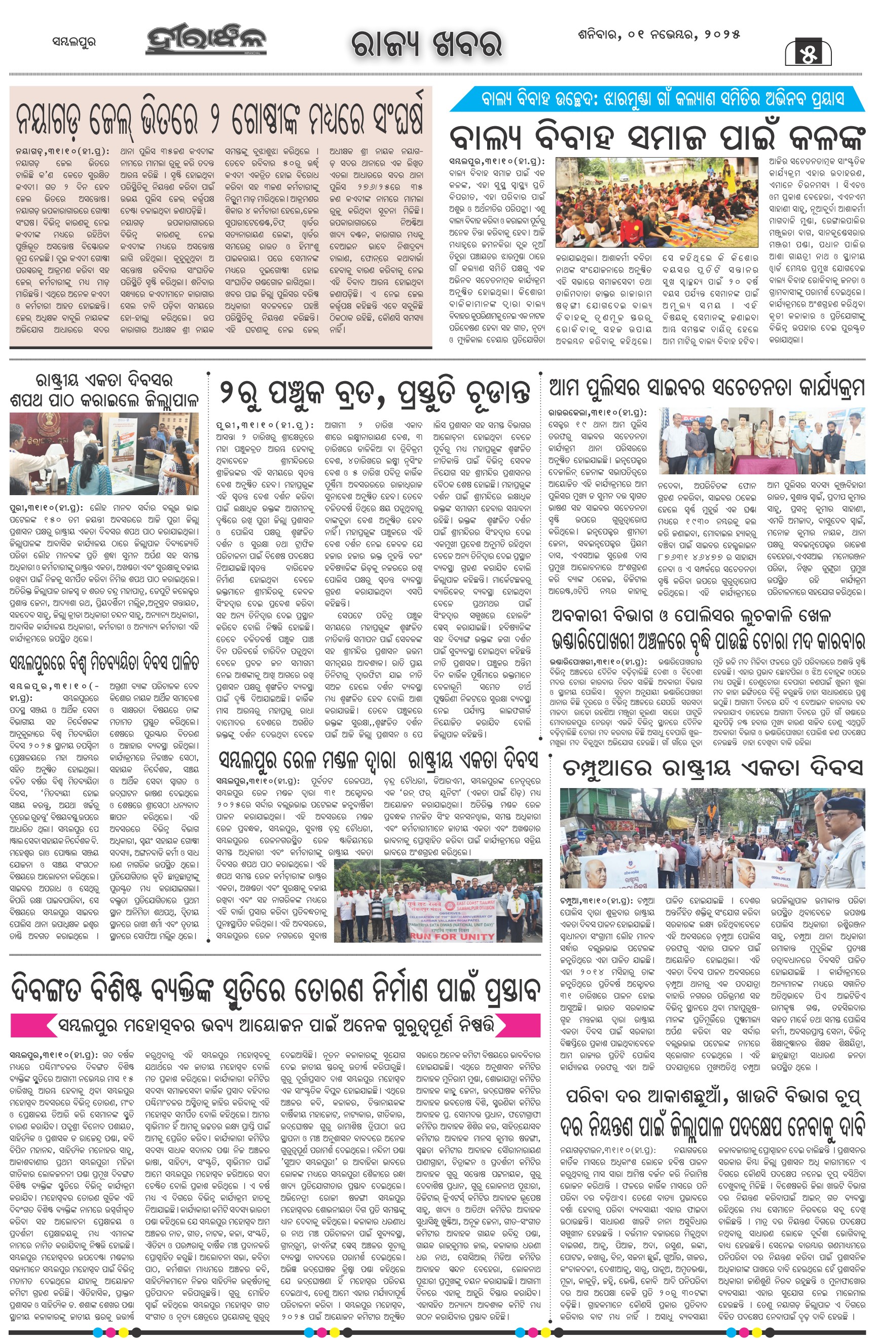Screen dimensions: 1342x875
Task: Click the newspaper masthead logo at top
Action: tap(206, 41)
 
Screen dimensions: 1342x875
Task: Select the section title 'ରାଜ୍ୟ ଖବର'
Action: tap(426, 44)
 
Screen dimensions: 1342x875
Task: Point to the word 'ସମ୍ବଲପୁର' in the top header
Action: tap(74, 42)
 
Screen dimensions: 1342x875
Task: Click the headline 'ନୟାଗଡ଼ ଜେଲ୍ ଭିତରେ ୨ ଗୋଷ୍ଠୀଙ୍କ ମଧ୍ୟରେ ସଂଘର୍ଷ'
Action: tap(220, 119)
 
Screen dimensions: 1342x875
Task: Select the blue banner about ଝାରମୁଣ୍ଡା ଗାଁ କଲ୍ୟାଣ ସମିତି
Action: tap(657, 99)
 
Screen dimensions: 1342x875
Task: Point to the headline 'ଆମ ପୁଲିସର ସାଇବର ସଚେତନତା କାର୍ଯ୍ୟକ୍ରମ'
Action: tap(706, 388)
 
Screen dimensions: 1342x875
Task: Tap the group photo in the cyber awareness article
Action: tap(761, 440)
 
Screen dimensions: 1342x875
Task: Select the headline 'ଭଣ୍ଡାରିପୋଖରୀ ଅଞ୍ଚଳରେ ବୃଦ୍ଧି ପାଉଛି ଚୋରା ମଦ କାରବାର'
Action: tap(708, 641)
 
